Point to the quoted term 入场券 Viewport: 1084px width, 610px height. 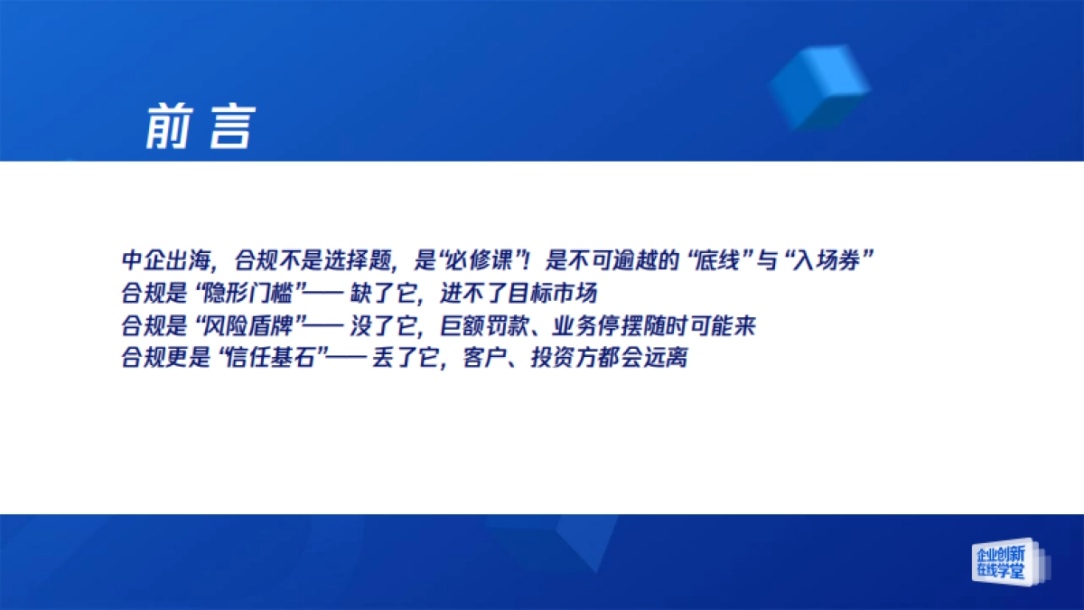[x=830, y=261]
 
